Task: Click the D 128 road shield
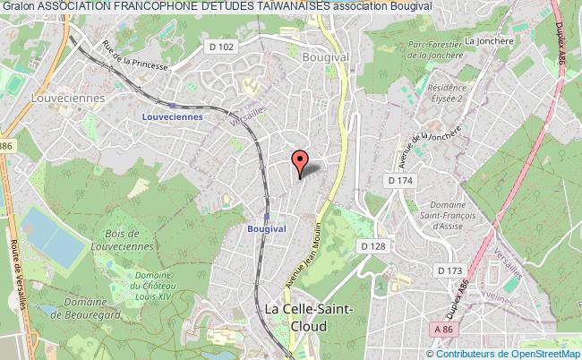[x=372, y=244]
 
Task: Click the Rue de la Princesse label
[x=133, y=57]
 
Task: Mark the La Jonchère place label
[x=486, y=40]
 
